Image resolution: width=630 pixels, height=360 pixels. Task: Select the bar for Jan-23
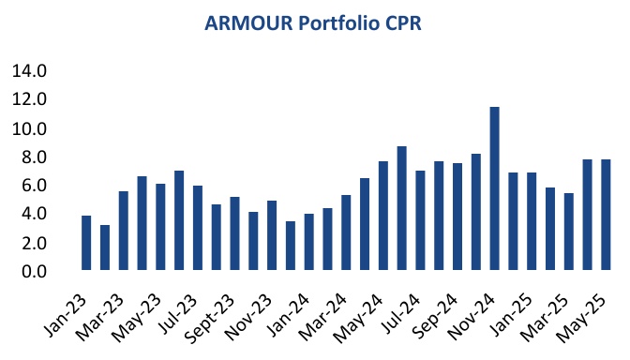coord(86,243)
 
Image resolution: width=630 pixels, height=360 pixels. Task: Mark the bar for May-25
coord(606,215)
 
